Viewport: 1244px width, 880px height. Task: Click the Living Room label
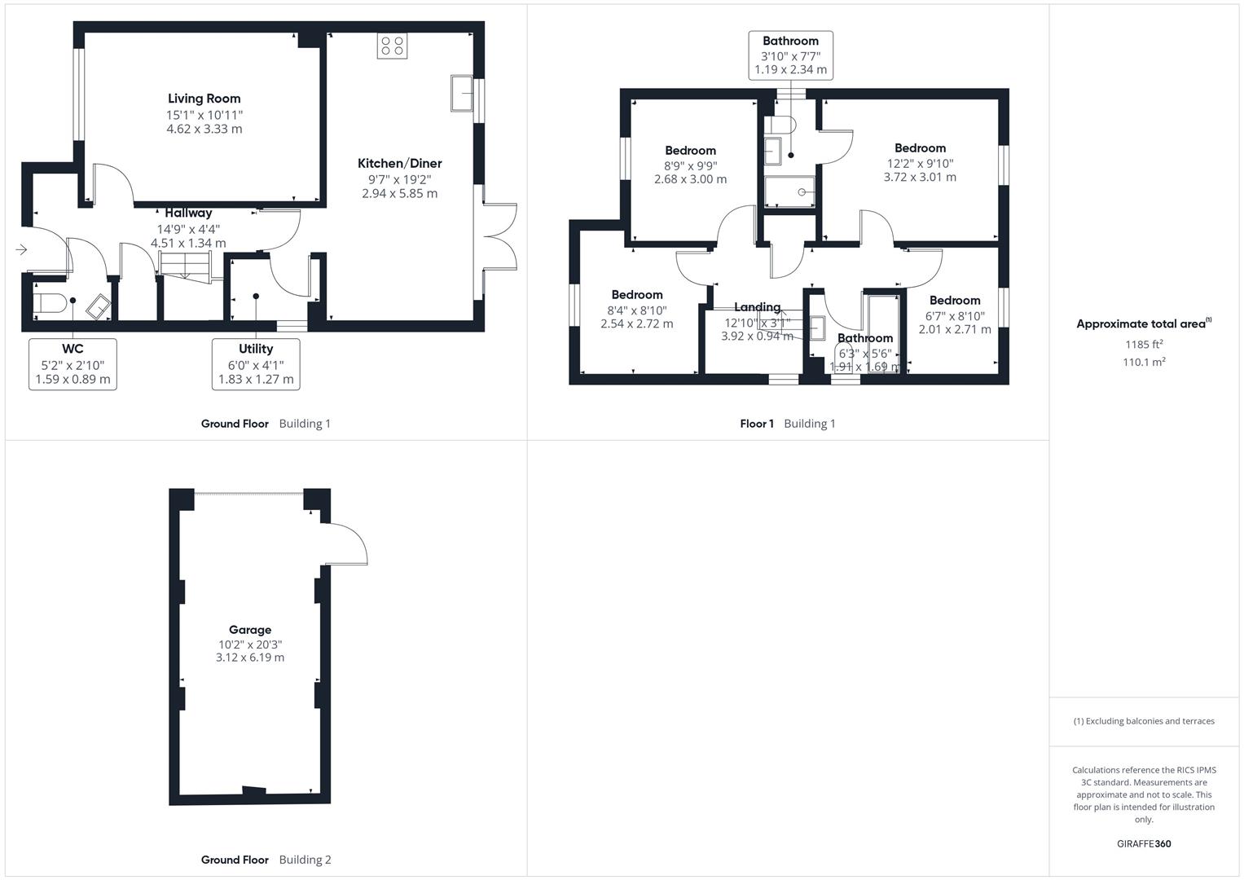click(204, 99)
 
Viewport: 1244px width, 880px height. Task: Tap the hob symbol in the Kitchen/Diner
click(392, 46)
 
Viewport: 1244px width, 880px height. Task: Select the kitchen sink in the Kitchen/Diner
click(462, 93)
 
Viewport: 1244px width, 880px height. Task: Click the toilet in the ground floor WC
click(49, 304)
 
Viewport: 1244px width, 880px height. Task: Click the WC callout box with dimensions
click(73, 364)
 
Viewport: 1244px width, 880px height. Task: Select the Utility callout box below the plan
click(256, 364)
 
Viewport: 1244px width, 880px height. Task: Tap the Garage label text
click(250, 630)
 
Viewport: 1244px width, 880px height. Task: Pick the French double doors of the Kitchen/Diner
click(499, 235)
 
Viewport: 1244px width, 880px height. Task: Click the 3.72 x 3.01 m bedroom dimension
click(920, 177)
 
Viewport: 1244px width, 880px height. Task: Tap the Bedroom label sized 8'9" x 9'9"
click(690, 151)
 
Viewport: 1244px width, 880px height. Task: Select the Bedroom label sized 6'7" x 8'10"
click(955, 301)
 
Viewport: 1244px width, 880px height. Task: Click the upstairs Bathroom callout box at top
click(790, 55)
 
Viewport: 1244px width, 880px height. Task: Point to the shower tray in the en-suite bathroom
click(789, 192)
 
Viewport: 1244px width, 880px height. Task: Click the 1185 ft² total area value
click(1144, 345)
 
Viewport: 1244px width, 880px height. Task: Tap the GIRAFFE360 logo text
click(1144, 844)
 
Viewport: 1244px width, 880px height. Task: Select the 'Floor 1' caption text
click(757, 424)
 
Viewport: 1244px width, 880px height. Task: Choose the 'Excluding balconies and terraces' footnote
click(1144, 721)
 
